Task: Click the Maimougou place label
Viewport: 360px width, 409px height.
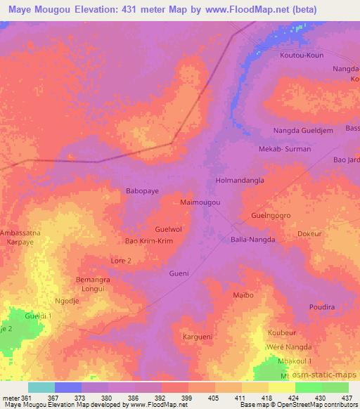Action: [201, 202]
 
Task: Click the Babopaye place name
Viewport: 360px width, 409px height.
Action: [143, 190]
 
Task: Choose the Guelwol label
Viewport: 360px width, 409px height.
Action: [169, 230]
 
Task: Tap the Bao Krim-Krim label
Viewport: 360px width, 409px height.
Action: [149, 241]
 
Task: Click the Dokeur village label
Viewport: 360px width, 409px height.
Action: [309, 233]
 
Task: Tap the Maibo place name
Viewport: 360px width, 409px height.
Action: [243, 295]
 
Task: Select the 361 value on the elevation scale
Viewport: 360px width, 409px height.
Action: [22, 397]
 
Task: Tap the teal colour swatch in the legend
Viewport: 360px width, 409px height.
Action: [41, 387]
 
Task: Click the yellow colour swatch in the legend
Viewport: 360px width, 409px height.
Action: [281, 387]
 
